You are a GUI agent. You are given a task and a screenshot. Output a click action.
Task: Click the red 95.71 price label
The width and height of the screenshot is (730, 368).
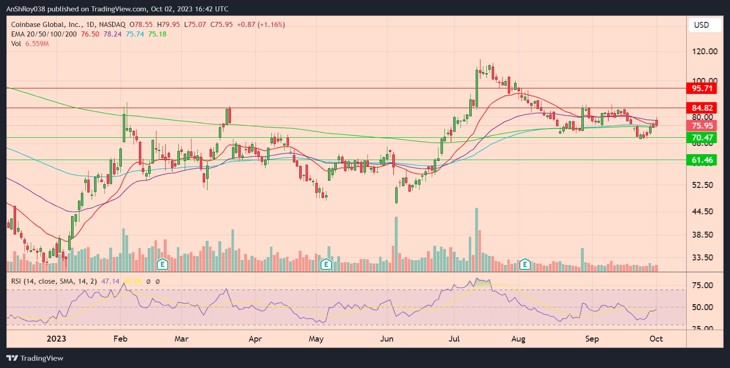point(702,88)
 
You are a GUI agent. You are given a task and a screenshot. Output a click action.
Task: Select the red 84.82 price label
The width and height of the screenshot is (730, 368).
point(702,108)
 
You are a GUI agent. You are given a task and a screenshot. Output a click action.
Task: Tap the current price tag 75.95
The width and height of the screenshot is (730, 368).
point(702,126)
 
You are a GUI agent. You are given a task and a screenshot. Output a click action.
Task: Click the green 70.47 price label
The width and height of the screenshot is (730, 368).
point(702,138)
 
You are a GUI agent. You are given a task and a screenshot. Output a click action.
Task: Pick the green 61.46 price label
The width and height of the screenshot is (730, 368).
point(702,160)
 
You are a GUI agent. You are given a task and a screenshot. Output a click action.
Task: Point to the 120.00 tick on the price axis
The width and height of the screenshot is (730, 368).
point(704,52)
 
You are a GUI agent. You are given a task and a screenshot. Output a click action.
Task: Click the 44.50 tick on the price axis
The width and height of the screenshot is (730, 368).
point(702,212)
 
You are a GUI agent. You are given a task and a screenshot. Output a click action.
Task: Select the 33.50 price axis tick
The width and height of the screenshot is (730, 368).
point(702,258)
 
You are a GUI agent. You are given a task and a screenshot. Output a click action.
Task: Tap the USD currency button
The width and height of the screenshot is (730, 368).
point(701,25)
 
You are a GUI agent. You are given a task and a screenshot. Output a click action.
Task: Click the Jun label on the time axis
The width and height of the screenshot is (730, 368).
point(386,339)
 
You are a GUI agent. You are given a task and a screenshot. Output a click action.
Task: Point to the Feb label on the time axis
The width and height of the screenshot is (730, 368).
point(120,339)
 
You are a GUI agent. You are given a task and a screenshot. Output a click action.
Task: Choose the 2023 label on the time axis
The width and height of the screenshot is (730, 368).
point(57,339)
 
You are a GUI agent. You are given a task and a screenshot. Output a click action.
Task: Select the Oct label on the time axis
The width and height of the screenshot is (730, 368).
point(656,339)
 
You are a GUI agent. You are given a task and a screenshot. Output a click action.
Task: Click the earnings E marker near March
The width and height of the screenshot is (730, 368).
point(162,264)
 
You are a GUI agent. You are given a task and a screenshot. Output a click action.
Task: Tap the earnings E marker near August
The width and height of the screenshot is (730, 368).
point(525,264)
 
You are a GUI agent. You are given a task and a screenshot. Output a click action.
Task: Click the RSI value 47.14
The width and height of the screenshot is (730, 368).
point(110,281)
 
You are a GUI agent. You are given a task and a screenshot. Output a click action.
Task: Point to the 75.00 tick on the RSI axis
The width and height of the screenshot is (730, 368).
point(702,285)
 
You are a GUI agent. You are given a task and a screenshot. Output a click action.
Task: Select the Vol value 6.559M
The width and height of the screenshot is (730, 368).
point(37,44)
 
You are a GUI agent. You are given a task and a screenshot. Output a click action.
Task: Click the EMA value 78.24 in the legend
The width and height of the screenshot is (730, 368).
point(112,34)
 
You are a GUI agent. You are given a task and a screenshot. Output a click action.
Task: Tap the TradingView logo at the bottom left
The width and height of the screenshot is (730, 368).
point(35,358)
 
